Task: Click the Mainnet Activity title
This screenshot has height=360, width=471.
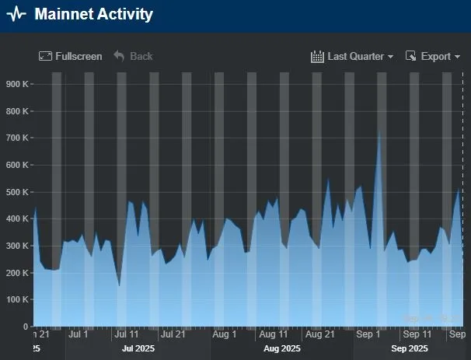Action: tap(93, 15)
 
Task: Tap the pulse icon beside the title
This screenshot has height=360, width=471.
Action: tap(16, 15)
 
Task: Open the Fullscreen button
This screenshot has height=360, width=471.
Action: tap(71, 56)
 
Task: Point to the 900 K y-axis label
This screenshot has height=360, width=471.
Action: tap(16, 84)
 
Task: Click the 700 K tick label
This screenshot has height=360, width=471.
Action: tap(16, 138)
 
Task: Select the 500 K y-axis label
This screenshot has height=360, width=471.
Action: tap(16, 192)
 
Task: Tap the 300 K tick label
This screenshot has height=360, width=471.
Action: tap(16, 246)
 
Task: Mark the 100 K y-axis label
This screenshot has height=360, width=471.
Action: tap(16, 299)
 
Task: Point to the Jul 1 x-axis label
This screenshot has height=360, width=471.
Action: tap(78, 334)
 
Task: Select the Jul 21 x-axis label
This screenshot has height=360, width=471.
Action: tap(173, 334)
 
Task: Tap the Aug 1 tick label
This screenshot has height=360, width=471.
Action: tap(225, 334)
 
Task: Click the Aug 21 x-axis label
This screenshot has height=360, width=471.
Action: tap(319, 334)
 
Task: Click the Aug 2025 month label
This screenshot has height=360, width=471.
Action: tap(281, 349)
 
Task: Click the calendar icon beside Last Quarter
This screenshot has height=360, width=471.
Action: tap(317, 56)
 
